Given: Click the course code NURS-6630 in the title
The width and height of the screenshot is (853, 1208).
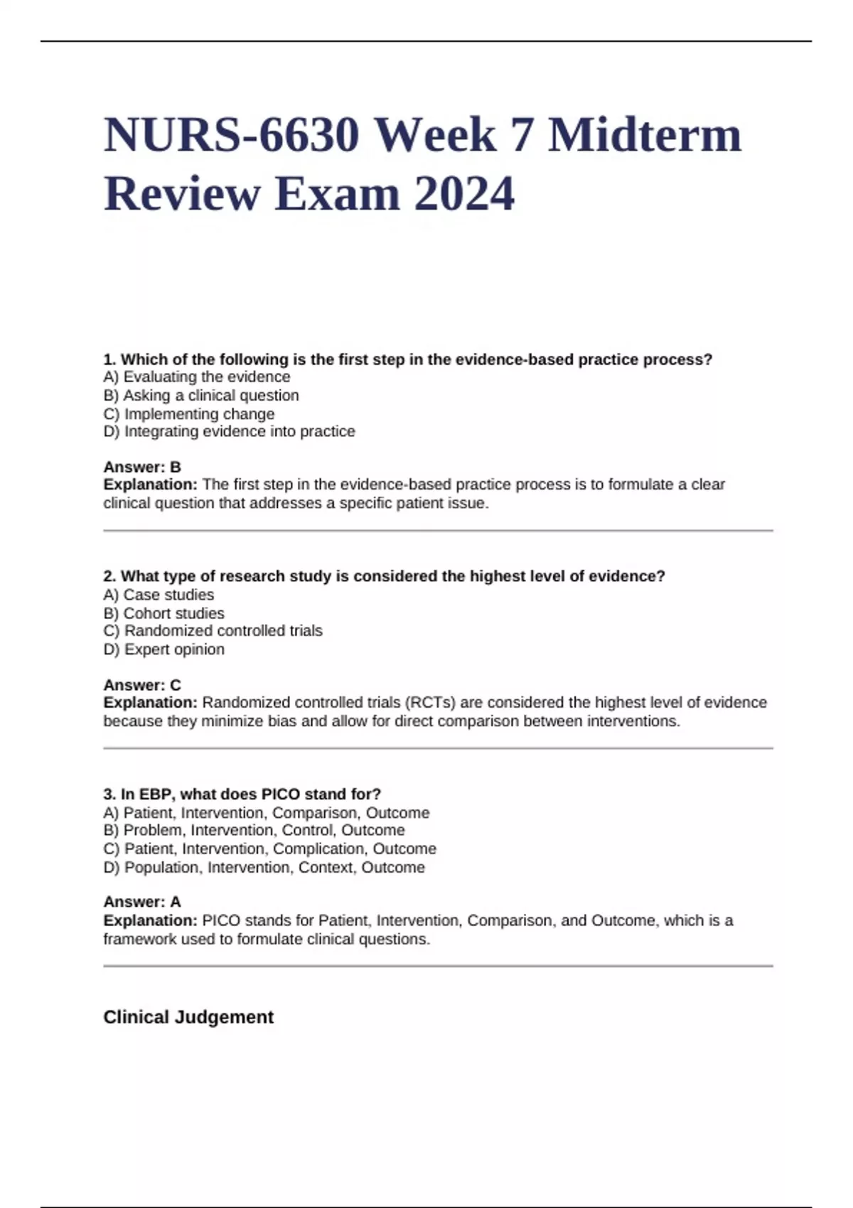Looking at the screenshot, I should click(x=231, y=135).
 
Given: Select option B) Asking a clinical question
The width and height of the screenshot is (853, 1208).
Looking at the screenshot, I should click(x=201, y=395).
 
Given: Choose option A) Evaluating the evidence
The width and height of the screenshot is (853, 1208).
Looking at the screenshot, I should click(x=197, y=377).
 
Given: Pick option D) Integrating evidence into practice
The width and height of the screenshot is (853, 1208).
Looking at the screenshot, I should click(x=229, y=431).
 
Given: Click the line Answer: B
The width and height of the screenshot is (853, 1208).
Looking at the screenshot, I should click(x=142, y=467).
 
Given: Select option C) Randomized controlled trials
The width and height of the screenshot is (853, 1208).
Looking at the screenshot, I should click(x=213, y=630).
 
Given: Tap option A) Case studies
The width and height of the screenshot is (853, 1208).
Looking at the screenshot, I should click(x=159, y=595).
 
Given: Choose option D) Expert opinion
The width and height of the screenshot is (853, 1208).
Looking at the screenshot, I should click(x=163, y=649).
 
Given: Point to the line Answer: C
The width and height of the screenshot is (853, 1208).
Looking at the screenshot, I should click(x=142, y=685).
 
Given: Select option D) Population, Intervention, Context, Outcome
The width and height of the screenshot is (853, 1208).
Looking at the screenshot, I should click(x=264, y=867).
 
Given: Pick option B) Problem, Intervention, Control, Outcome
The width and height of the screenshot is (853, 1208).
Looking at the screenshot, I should click(x=254, y=830).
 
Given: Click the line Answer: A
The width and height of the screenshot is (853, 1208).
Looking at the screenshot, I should click(x=142, y=902).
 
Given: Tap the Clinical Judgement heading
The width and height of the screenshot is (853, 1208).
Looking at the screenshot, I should click(x=188, y=1017).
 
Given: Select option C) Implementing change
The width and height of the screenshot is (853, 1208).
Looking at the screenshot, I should click(x=188, y=414).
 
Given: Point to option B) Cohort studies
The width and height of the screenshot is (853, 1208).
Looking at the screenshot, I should click(x=163, y=613).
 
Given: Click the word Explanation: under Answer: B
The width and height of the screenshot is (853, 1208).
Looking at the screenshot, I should click(x=150, y=485).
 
